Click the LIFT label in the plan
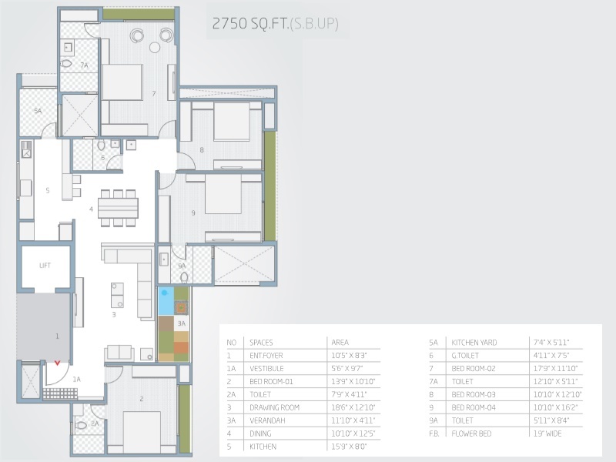(45, 265)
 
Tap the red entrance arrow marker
(57, 363)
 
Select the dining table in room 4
(118, 208)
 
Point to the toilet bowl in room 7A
(66, 63)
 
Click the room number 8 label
(202, 149)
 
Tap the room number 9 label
(193, 213)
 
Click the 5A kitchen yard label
(38, 111)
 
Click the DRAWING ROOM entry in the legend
(274, 407)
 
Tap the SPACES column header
(261, 343)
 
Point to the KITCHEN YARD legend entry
(474, 343)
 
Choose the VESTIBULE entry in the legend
(266, 369)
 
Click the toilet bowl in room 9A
(184, 277)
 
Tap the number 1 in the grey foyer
(57, 336)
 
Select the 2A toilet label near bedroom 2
(95, 424)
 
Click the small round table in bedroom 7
(155, 48)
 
